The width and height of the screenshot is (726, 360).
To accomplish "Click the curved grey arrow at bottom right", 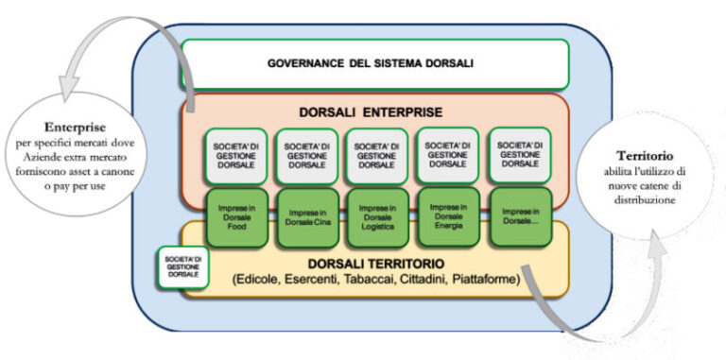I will [558, 312].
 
